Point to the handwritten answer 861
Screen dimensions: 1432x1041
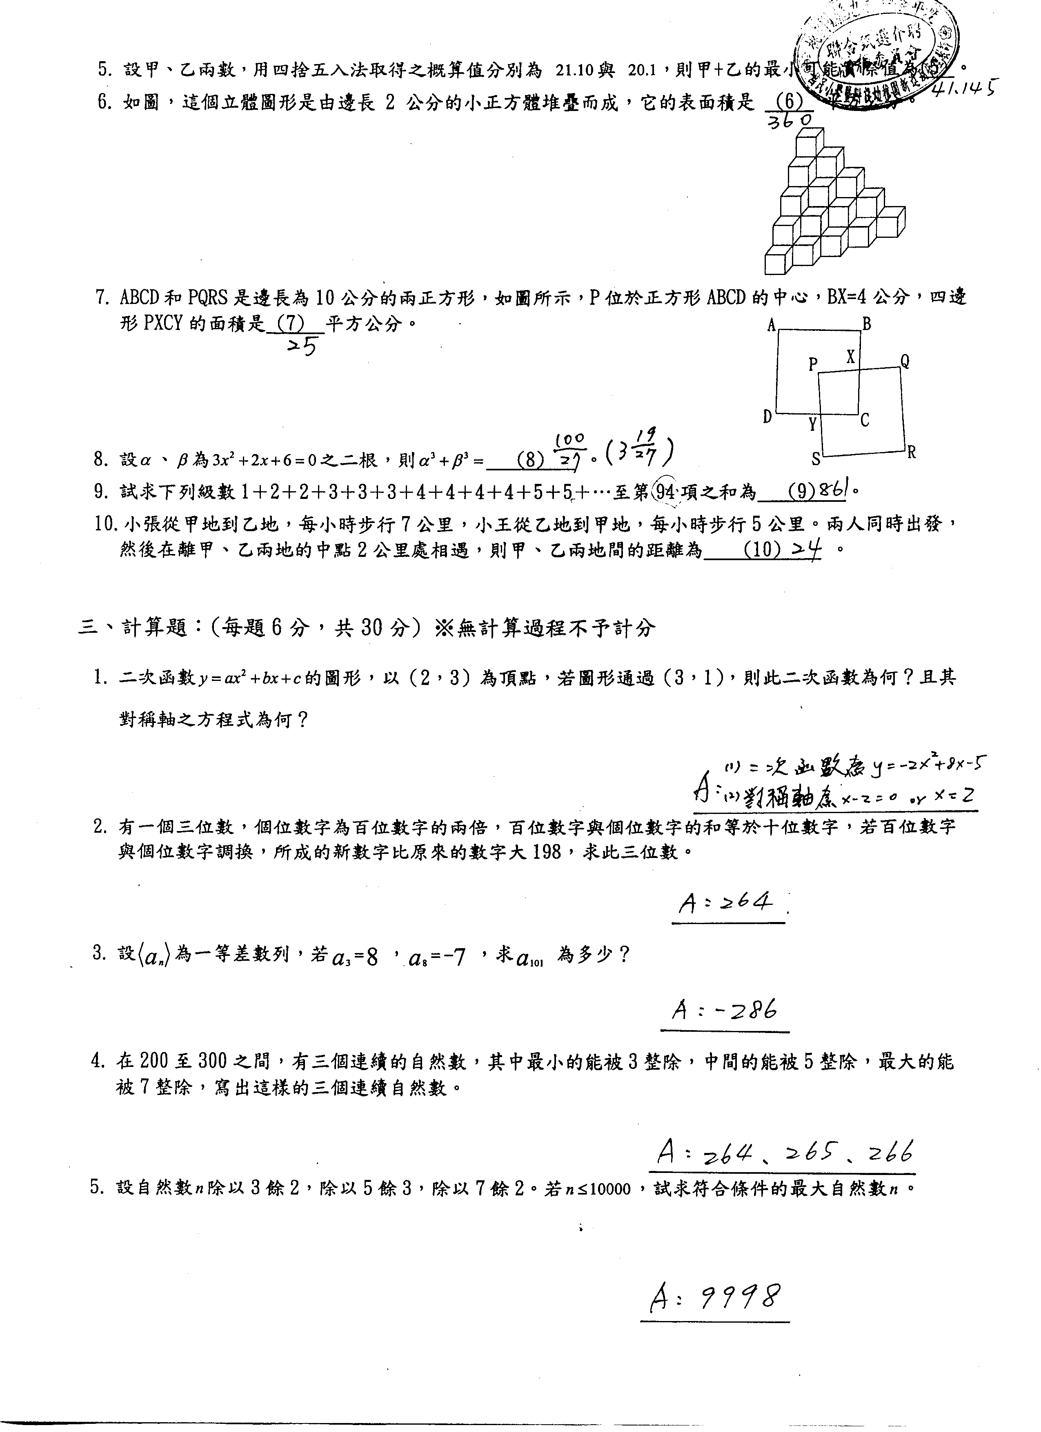836,489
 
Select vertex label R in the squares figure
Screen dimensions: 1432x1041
912,452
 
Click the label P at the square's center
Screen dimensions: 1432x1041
813,364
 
